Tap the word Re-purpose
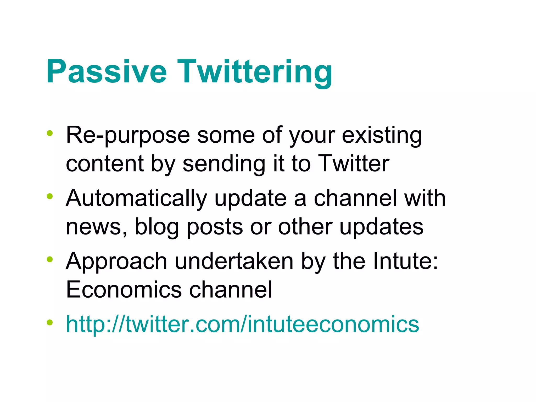128,135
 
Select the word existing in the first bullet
382,135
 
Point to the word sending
224,164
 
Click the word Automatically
136,198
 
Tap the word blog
157,227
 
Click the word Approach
116,261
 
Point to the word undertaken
234,261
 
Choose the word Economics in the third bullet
124,290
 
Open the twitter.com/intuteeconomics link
242,324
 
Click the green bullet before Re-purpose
49,133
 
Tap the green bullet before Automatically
49,196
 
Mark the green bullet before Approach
49,259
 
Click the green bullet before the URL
49,322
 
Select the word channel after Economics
231,290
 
